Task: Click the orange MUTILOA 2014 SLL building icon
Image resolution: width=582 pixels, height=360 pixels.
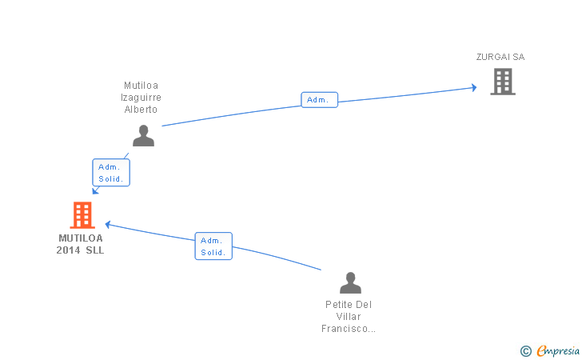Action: tap(82, 215)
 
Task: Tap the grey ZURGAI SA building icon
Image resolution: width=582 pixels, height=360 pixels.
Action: tap(502, 82)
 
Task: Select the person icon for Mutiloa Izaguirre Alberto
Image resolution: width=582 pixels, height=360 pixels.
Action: tap(143, 136)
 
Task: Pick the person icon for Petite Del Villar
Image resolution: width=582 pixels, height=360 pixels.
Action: tap(350, 283)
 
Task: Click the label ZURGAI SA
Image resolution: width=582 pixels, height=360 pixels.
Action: tap(500, 57)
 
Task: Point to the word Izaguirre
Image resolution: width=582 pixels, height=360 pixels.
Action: tap(141, 98)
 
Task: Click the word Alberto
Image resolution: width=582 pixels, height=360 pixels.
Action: tap(141, 110)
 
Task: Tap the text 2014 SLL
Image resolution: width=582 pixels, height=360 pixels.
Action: tap(80, 250)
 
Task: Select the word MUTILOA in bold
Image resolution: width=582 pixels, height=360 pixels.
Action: tap(80, 238)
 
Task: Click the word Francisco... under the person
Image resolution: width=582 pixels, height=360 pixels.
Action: tap(349, 329)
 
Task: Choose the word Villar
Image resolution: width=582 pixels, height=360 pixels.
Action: tap(349, 317)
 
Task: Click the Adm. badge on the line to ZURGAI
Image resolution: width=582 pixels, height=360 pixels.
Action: tap(319, 100)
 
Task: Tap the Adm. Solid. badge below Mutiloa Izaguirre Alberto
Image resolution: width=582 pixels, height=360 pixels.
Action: tap(111, 173)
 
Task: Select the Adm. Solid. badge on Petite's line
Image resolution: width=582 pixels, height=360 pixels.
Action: tap(213, 246)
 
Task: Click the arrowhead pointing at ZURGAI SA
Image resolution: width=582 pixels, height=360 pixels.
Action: tap(473, 87)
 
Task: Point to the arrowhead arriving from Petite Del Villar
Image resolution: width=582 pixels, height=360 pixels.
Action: tap(108, 225)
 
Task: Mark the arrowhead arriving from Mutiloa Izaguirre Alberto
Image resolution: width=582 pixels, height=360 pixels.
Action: tap(95, 190)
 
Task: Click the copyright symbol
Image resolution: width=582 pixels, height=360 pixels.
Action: tap(525, 350)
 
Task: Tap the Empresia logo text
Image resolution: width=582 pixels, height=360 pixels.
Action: tap(557, 350)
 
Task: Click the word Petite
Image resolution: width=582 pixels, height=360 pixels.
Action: tap(349, 305)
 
